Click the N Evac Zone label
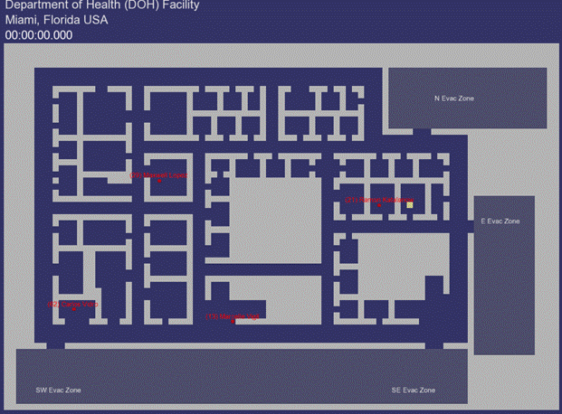pos(454,99)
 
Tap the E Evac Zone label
pos(500,221)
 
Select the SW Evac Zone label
pos(58,390)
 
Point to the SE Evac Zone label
pos(413,390)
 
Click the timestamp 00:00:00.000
pos(39,35)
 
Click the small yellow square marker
pos(410,205)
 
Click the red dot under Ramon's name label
pos(379,206)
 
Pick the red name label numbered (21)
pos(379,199)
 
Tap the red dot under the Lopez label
pos(159,181)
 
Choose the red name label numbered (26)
pos(159,174)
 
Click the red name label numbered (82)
pos(72,305)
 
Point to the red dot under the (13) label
pos(234,322)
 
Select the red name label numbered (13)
pos(233,316)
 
